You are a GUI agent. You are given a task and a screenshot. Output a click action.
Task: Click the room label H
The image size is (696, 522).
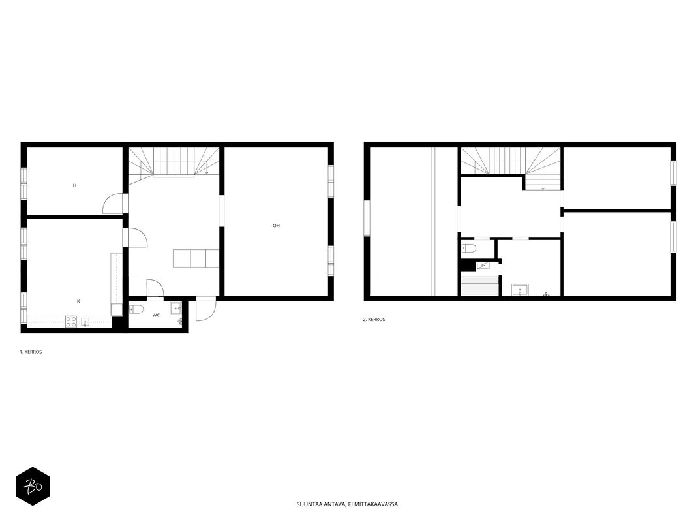(74, 185)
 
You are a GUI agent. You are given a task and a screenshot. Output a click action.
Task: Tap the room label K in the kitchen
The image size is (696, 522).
(78, 301)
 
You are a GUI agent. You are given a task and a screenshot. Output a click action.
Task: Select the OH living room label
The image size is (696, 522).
(276, 226)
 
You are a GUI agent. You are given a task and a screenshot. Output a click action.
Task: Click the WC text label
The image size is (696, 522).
(157, 315)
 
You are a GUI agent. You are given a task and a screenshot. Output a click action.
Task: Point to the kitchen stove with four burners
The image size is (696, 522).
(71, 322)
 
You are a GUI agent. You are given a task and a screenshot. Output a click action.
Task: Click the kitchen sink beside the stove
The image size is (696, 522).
(85, 322)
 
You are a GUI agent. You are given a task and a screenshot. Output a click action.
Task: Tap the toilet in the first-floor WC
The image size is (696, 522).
(136, 309)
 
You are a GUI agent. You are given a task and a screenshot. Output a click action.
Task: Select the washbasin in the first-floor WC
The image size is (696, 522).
(175, 308)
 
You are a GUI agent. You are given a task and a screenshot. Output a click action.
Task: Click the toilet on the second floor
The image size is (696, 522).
(469, 248)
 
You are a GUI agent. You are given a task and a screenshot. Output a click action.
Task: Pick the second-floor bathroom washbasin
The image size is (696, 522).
(521, 290)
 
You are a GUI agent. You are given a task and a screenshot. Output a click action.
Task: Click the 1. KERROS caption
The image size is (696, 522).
(31, 352)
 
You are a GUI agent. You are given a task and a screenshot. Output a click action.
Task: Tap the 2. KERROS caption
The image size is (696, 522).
(374, 320)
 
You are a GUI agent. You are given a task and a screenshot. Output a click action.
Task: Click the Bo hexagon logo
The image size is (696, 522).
(33, 487)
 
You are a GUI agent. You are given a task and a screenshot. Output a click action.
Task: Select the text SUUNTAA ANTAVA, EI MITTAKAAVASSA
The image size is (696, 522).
(348, 504)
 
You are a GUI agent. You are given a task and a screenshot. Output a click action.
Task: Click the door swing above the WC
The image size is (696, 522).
(155, 288)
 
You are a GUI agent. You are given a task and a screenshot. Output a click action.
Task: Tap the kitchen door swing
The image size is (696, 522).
(138, 238)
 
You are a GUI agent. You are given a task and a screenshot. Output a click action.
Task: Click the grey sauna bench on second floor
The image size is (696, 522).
(480, 286)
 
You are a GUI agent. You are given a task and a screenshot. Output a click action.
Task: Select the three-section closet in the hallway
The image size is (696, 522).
(196, 258)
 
